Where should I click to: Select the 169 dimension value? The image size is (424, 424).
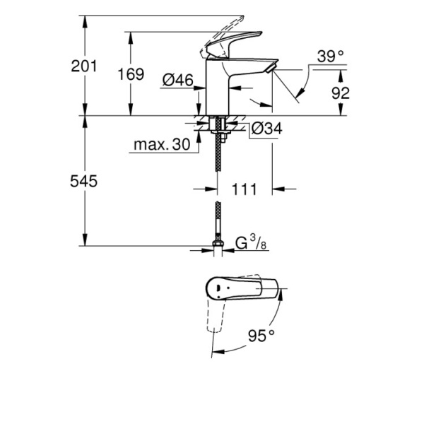[x=131, y=73]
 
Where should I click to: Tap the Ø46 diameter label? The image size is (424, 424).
[x=177, y=81]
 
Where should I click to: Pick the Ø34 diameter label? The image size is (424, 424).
[x=266, y=129]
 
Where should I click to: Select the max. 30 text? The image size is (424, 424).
[x=161, y=146]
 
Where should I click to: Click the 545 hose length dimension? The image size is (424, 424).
[x=84, y=182]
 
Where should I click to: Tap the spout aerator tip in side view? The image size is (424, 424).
[x=269, y=68]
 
